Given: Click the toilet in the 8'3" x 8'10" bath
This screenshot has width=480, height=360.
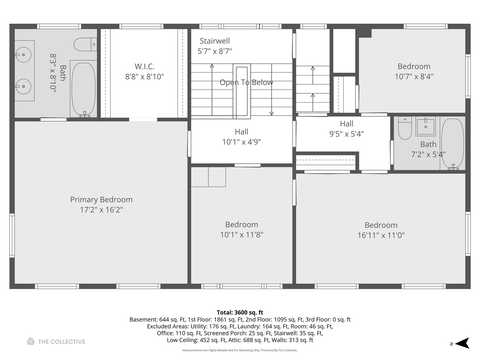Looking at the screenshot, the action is [x=85, y=44].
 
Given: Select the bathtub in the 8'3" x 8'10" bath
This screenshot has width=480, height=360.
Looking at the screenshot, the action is [x=84, y=89].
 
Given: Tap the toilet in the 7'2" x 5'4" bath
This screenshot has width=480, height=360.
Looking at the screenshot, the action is [x=405, y=128].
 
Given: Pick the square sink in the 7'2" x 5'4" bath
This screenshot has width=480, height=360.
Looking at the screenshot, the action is [x=426, y=126].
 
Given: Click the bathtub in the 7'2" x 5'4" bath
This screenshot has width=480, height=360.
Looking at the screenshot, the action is [x=453, y=144].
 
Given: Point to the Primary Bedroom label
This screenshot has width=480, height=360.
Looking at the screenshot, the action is [x=101, y=200].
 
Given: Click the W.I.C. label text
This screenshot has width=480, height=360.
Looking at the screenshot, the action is [x=145, y=66].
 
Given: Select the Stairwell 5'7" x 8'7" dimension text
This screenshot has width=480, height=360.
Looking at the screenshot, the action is [x=215, y=51].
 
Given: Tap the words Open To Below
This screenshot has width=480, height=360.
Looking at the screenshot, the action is [x=246, y=82].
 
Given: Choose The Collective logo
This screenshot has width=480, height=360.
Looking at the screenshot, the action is [x=56, y=342].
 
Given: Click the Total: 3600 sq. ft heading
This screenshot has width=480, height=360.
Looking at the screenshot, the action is [x=240, y=312].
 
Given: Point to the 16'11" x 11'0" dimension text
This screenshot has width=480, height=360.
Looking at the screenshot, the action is [x=381, y=235].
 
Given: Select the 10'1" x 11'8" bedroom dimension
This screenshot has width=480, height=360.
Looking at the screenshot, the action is [x=242, y=235].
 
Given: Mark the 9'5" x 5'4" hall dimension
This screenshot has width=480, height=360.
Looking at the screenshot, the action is [x=347, y=134].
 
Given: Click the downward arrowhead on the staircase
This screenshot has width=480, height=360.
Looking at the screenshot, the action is [x=272, y=114].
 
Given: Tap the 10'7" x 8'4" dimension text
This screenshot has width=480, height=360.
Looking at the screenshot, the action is [x=414, y=77].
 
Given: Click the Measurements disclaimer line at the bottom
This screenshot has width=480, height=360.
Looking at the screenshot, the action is [x=240, y=350].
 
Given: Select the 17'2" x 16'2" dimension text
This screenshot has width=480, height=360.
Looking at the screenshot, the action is [x=101, y=210].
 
